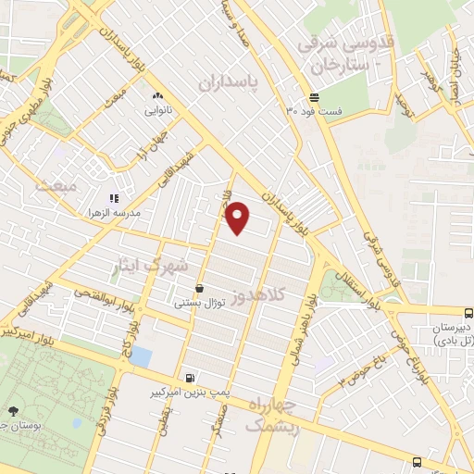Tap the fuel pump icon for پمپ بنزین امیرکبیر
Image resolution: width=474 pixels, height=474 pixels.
(x=190, y=378)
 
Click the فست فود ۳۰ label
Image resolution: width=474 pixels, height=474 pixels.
(x=314, y=111)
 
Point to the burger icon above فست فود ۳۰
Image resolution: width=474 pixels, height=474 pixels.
(x=314, y=96)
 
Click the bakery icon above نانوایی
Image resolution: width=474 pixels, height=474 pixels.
(x=156, y=94)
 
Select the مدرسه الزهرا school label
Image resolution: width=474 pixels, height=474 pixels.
(x=125, y=212)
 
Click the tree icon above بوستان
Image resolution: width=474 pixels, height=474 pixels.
(x=13, y=410)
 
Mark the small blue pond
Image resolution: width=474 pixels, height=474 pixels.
(x=141, y=356)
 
